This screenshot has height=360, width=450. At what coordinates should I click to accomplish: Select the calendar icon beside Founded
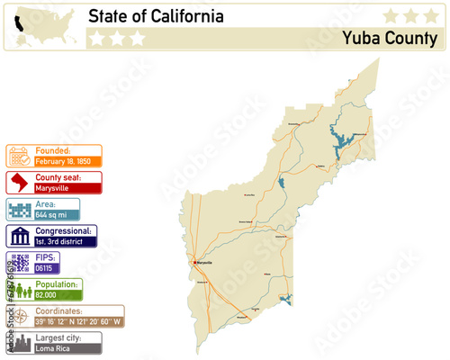pyautogui.click(x=19, y=156)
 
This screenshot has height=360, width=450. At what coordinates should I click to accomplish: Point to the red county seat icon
pyautogui.click(x=19, y=184)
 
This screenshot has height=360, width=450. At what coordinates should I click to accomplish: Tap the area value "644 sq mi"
pyautogui.click(x=53, y=216)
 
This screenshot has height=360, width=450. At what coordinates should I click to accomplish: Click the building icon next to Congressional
pyautogui.click(x=19, y=237)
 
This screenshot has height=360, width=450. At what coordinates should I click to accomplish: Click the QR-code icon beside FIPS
pyautogui.click(x=19, y=264)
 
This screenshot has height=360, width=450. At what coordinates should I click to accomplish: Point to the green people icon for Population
pyautogui.click(x=19, y=290)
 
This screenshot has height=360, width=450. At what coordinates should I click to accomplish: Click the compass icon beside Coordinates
pyautogui.click(x=19, y=317)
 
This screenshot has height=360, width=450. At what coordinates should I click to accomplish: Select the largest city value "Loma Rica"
pyautogui.click(x=54, y=348)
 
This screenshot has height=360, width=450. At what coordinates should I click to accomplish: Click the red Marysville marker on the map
pyautogui.click(x=195, y=262)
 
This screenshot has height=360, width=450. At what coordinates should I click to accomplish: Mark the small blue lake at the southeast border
pyautogui.click(x=285, y=300)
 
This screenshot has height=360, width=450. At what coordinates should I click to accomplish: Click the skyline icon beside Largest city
pyautogui.click(x=19, y=343)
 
